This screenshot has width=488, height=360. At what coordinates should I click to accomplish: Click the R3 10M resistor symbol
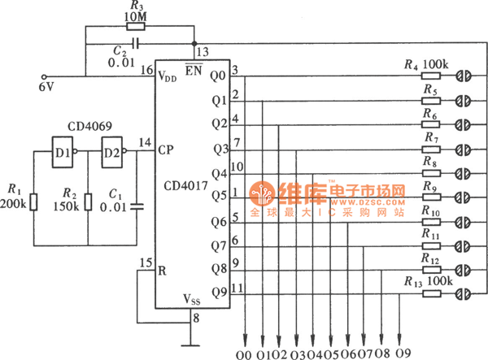pos(137,26)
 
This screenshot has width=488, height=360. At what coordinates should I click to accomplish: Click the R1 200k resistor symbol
pos(34,201)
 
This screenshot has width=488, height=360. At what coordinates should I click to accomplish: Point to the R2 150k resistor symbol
pos(87,201)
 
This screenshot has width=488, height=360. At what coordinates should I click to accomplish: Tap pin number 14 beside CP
pos(145,143)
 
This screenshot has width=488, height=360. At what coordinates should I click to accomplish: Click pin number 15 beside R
pos(145,262)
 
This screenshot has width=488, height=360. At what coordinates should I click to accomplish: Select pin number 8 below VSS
pos(195,317)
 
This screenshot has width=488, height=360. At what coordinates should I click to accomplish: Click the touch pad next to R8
pos(464,174)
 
